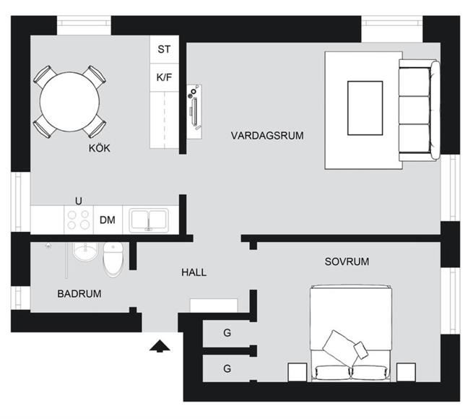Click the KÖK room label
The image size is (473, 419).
click(x=99, y=148)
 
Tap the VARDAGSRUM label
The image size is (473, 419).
click(x=267, y=136)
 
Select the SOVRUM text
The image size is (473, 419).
click(x=347, y=262)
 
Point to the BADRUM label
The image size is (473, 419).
click(x=79, y=294)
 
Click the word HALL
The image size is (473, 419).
click(x=194, y=272)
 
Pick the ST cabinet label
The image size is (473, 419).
click(x=164, y=49)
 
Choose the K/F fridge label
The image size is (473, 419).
click(x=164, y=77)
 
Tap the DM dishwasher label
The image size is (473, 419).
click(x=108, y=220)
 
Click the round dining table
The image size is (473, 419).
click(x=69, y=102)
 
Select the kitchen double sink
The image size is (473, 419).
click(x=149, y=220)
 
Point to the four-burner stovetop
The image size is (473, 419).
click(x=79, y=220)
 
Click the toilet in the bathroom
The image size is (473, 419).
click(x=113, y=259)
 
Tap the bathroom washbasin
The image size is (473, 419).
click(x=85, y=251)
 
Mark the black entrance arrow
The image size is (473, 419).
click(x=160, y=346)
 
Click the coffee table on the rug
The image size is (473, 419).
click(x=365, y=108)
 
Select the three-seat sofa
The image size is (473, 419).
click(x=420, y=111)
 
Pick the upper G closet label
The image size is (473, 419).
click(x=227, y=332)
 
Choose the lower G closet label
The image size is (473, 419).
click(x=227, y=368)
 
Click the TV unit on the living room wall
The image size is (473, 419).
click(x=194, y=112)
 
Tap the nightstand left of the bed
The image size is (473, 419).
click(x=298, y=372)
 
